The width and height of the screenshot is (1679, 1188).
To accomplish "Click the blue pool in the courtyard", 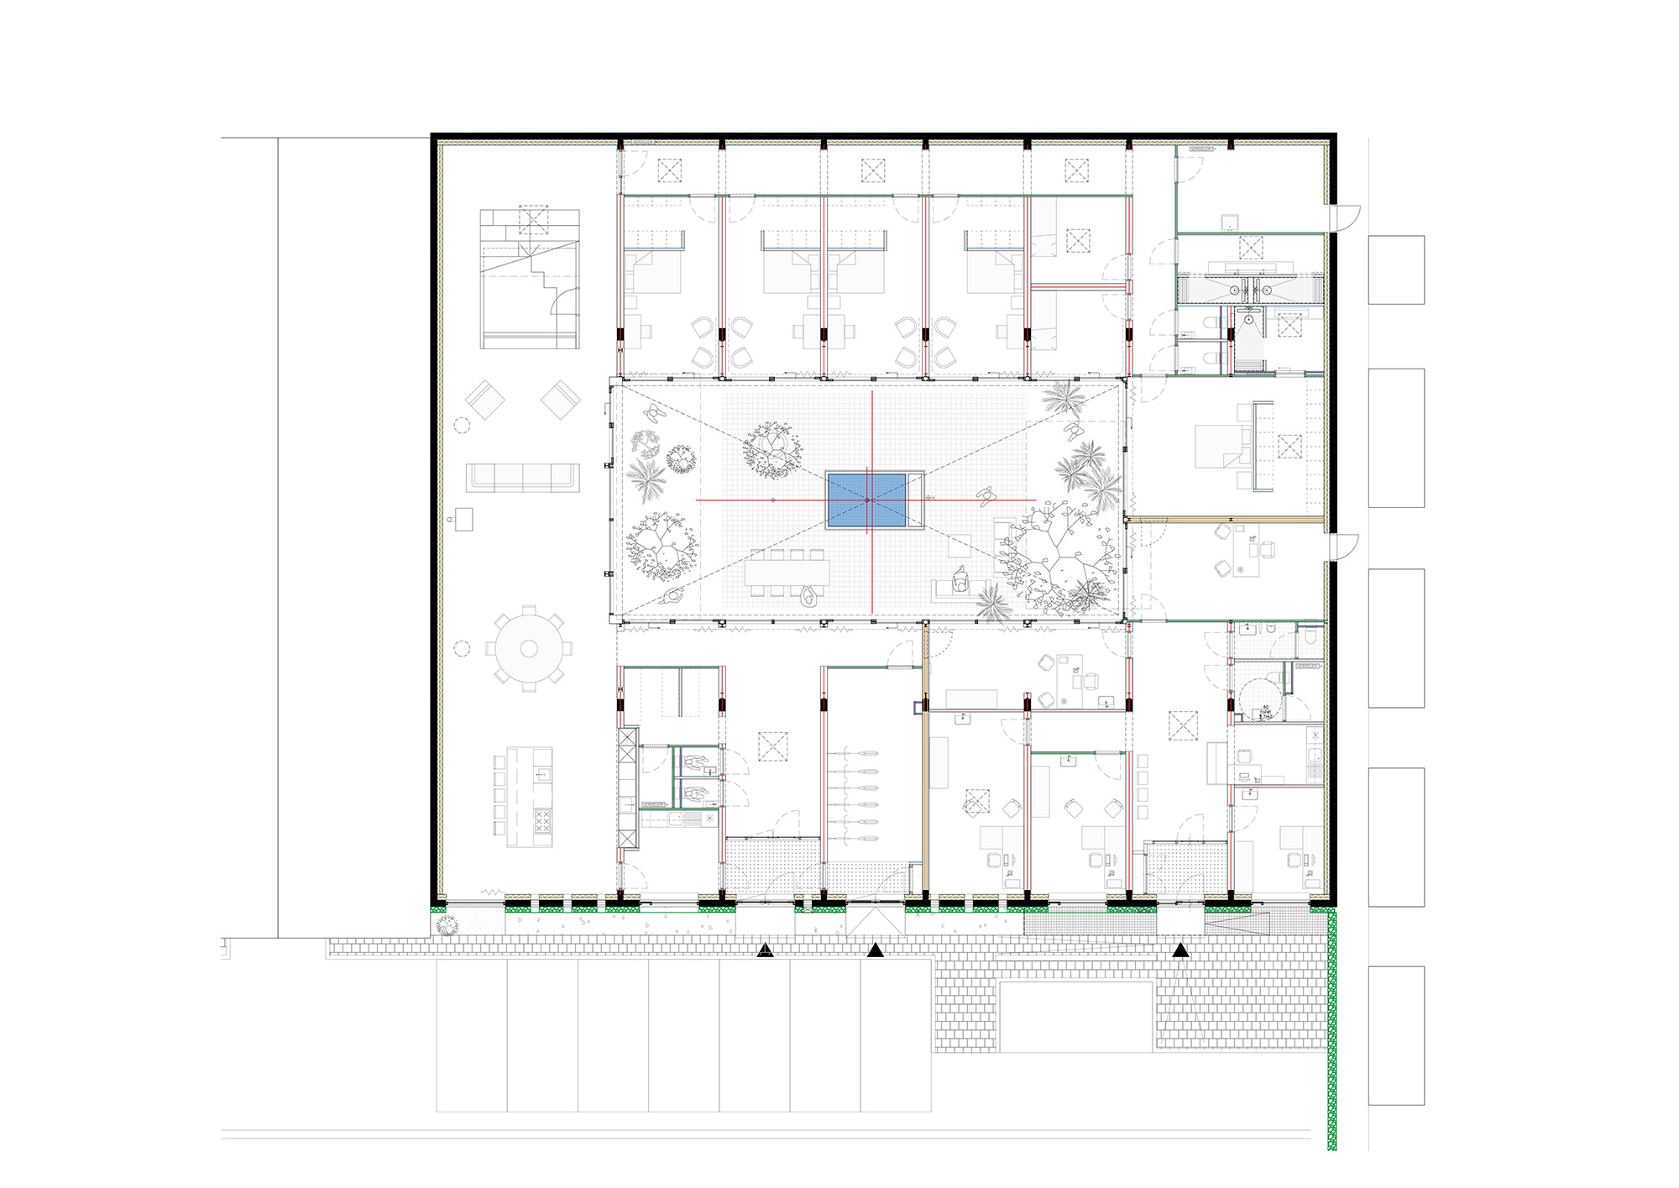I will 866,501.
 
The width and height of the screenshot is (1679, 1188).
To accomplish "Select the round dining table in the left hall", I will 528,648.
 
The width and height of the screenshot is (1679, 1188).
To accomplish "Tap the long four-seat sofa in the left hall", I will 522,477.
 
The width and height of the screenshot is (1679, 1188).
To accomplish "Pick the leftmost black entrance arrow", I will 765,950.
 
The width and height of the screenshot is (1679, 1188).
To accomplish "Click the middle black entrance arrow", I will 876,950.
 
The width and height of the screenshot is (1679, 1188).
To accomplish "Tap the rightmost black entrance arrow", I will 1180,950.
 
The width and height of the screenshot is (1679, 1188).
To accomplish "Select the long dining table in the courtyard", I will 787,573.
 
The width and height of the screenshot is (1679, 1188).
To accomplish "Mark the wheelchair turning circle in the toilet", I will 1258,698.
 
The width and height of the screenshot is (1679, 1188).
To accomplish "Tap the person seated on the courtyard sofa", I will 961,578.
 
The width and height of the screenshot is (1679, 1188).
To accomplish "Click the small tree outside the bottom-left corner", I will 447,926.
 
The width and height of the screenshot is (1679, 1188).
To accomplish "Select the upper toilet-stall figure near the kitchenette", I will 695,763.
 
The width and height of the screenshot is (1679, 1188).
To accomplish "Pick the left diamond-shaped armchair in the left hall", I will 484,400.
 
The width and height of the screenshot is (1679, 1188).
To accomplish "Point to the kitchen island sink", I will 541,773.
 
